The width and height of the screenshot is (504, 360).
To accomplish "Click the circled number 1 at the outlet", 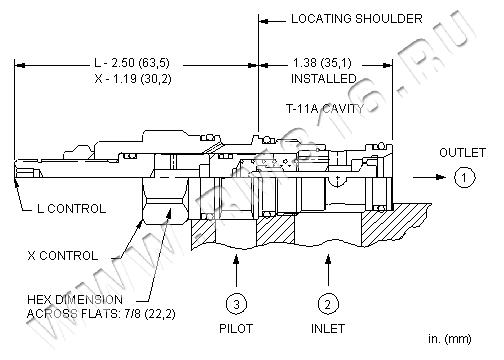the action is [464, 177].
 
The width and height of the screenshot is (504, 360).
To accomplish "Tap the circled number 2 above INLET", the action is [328, 304].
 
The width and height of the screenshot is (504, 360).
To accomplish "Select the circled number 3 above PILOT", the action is [236, 304].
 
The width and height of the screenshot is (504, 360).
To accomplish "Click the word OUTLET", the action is [462, 153].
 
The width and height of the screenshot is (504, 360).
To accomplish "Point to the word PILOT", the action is [236, 329].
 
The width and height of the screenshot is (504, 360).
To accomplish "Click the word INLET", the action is [328, 329].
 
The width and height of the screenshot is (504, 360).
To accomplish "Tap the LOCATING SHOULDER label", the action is [357, 19].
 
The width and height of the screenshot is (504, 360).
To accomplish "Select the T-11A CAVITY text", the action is [325, 109].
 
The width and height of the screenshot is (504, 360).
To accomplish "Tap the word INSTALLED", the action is [324, 79].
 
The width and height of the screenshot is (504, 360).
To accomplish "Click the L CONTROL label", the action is [71, 209].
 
